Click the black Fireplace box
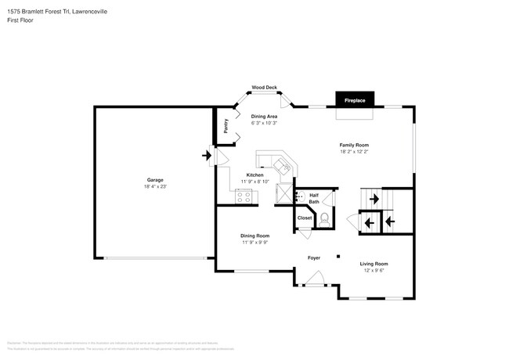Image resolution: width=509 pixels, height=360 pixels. (355, 100)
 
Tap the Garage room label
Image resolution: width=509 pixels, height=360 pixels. (155, 179)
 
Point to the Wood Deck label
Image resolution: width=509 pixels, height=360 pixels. (264, 88)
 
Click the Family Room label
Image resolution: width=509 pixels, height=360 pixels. (353, 145)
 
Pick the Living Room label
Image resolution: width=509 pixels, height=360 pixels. (374, 264)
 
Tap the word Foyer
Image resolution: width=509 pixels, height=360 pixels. (313, 257)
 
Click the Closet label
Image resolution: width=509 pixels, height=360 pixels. (305, 218)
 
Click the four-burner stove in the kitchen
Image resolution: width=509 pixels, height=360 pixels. (244, 196)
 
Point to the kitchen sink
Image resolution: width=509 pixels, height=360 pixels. (281, 163)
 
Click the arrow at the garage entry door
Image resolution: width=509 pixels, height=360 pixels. (207, 156)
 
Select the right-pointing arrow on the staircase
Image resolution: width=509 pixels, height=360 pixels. (374, 200)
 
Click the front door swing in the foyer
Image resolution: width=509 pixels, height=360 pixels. (315, 277)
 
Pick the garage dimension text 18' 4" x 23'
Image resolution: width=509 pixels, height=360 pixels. (155, 187)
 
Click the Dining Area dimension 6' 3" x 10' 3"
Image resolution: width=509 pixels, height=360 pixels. (264, 123)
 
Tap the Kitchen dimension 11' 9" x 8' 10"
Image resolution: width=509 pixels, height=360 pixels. (255, 182)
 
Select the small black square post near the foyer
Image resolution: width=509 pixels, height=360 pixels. (338, 256)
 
